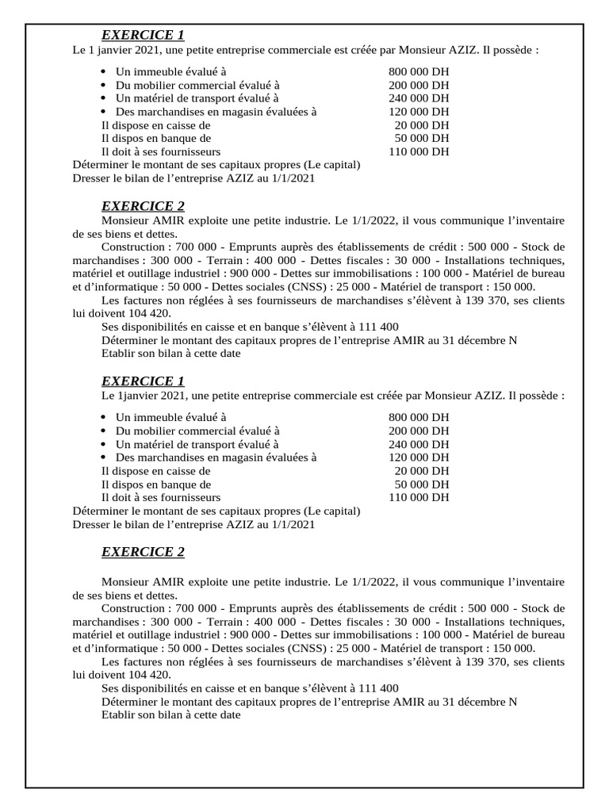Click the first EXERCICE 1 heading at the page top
pos(143,35)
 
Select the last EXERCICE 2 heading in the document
pos(143,552)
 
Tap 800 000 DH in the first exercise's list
pos(419,71)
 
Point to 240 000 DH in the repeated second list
pos(419,444)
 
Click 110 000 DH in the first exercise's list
pos(419,151)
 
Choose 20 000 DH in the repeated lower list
pos(421,470)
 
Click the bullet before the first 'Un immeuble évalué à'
pos(105,71)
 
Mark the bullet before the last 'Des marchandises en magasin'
pos(105,458)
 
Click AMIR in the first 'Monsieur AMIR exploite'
pos(169,220)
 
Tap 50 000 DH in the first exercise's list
pos(421,138)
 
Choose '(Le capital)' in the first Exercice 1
pos(331,165)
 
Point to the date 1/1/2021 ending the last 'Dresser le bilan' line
pos(292,524)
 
